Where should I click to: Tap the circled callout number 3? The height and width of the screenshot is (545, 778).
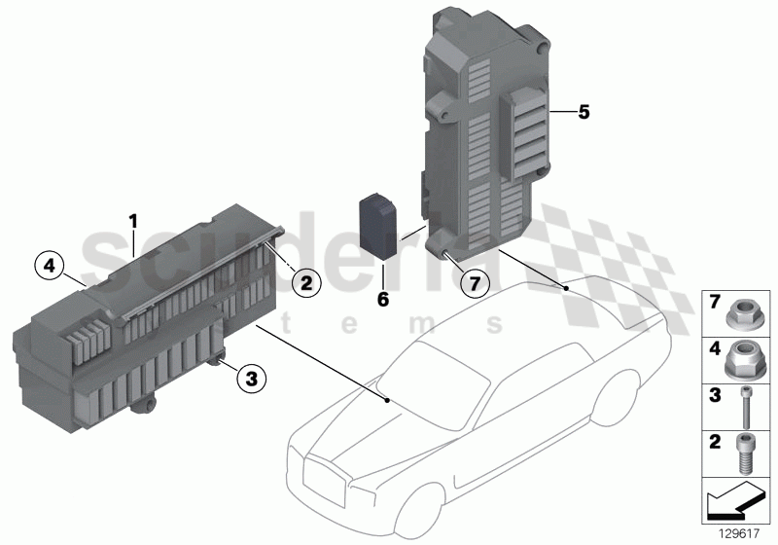click(251, 379)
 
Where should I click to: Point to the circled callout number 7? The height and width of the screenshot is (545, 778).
click(474, 285)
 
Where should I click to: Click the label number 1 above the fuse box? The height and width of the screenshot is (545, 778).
click(133, 221)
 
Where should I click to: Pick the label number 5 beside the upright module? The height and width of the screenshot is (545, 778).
click(583, 112)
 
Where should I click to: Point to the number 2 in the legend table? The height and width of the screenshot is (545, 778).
click(713, 444)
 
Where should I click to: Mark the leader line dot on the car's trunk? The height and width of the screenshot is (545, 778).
click(565, 289)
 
